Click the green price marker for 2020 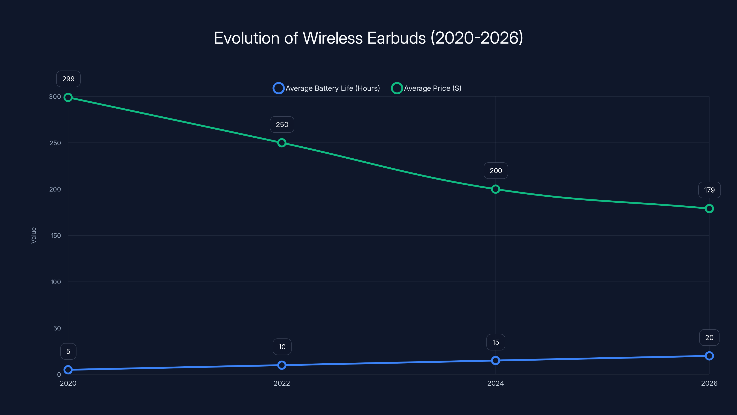coord(68,97)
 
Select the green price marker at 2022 coord(282,143)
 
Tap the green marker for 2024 coord(496,189)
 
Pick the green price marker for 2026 coord(709,208)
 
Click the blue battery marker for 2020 coord(68,370)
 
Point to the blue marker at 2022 coord(282,365)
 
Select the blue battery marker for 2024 coord(496,361)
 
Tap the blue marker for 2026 coord(709,356)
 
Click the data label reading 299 coord(68,79)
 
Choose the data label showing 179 coord(709,190)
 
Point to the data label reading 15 coord(496,342)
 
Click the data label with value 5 coord(68,351)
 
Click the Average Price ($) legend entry coord(426,88)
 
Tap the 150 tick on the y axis coord(56,236)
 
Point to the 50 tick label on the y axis coord(57,328)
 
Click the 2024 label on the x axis coord(496,383)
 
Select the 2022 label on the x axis coord(282,383)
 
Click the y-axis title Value coord(33,235)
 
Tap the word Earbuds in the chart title coord(396,38)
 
